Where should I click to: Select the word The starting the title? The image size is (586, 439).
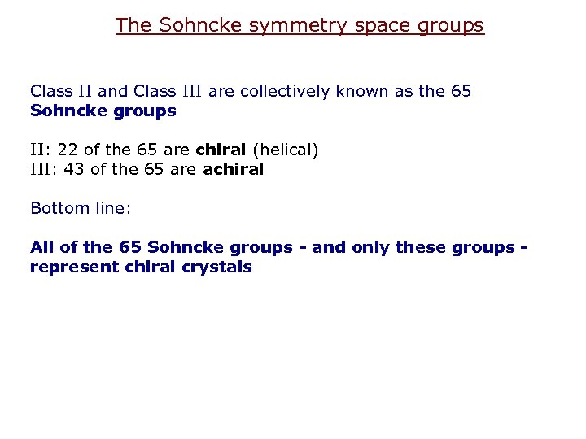(133, 25)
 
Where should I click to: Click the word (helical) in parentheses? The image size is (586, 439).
(286, 150)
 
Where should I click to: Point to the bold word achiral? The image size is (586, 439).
(234, 169)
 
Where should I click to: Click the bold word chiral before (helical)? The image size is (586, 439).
(221, 150)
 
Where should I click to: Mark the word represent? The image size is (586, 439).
(71, 267)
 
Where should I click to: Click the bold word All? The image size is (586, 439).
(43, 247)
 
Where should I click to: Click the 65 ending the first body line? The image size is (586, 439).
(460, 91)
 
